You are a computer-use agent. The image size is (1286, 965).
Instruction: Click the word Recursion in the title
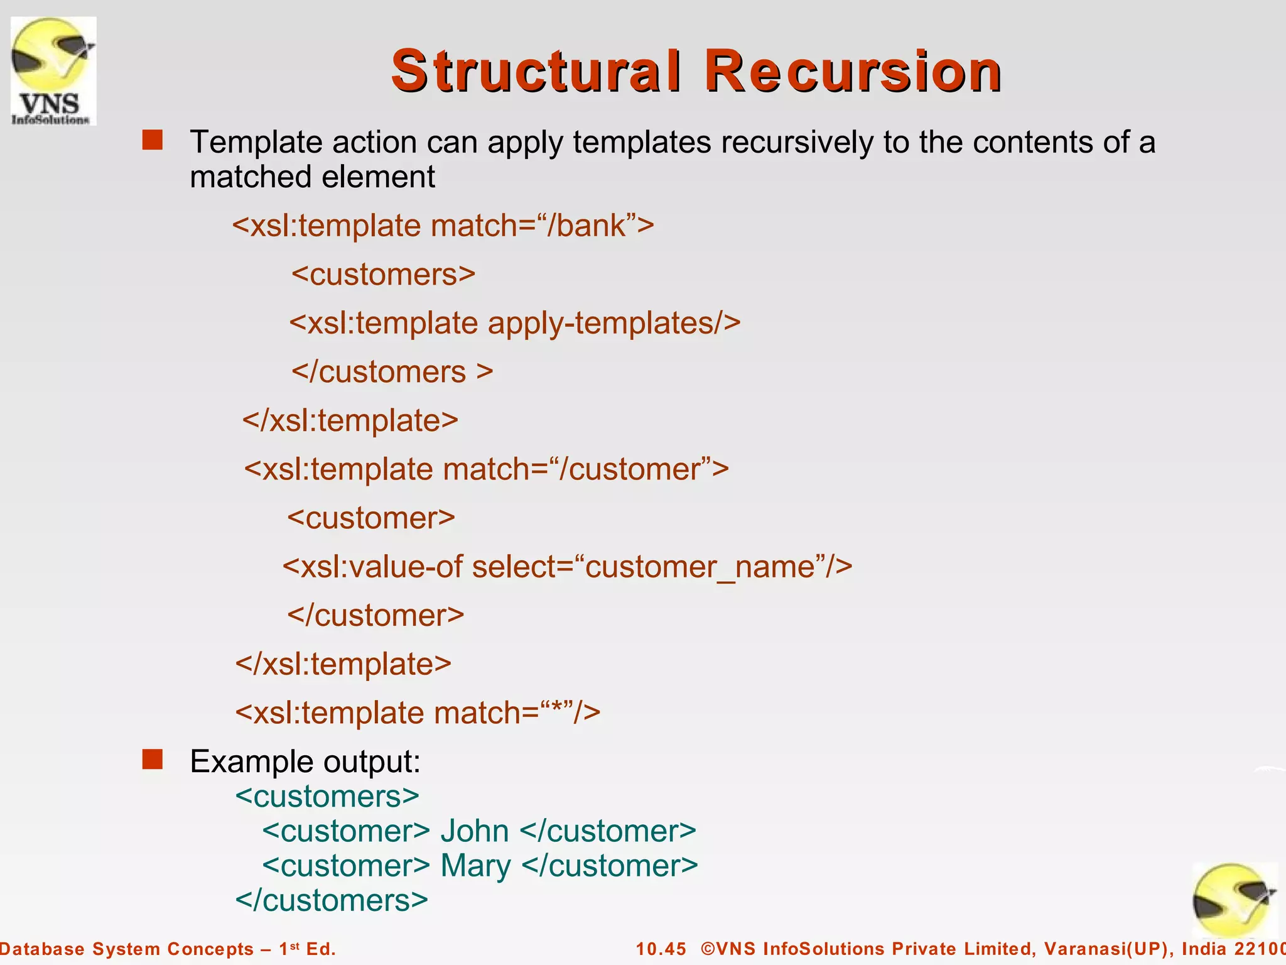[x=852, y=71]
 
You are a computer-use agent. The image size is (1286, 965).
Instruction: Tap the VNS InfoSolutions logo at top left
[x=53, y=70]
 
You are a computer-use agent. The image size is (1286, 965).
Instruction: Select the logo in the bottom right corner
[x=1234, y=900]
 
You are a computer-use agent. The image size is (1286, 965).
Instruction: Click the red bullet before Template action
[x=152, y=140]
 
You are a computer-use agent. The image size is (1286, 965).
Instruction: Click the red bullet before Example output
[x=152, y=760]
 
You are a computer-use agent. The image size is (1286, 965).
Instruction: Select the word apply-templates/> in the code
[x=614, y=324]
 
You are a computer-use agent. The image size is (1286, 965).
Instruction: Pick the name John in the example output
[x=474, y=831]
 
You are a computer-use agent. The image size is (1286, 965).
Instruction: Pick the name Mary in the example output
[x=475, y=866]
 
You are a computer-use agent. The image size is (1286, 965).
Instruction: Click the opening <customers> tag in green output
[x=327, y=797]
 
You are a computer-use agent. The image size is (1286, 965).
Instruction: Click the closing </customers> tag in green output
[x=331, y=900]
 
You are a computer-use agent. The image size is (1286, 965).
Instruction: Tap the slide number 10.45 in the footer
[x=661, y=949]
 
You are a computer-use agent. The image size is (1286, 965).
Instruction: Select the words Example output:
[x=305, y=762]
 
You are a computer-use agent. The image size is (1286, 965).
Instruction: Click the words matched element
[x=312, y=177]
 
